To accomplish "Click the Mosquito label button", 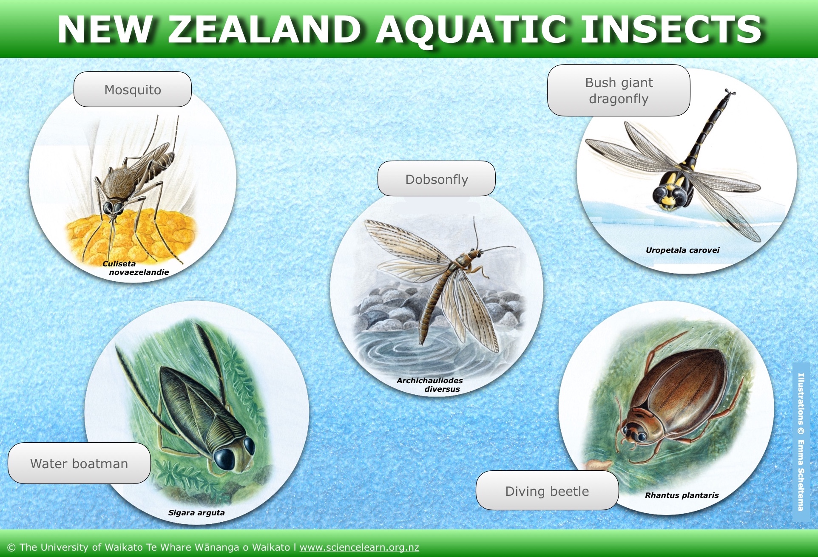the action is click(x=133, y=89).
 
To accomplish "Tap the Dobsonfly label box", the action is click(x=437, y=178).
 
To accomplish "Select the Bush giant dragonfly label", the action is click(x=619, y=90).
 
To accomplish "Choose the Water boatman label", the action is click(x=79, y=463).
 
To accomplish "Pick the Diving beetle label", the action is click(x=547, y=491).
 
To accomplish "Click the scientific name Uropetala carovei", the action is click(x=682, y=250).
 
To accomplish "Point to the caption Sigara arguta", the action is click(x=196, y=513).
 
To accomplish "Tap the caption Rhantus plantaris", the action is click(x=682, y=495).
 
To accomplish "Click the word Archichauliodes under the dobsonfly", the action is click(x=429, y=380).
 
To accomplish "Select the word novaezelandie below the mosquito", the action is click(x=139, y=272).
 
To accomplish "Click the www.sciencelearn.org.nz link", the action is click(x=359, y=547).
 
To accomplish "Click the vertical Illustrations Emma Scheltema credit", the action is click(x=801, y=442).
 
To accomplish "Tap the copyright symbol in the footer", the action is click(x=11, y=548).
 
